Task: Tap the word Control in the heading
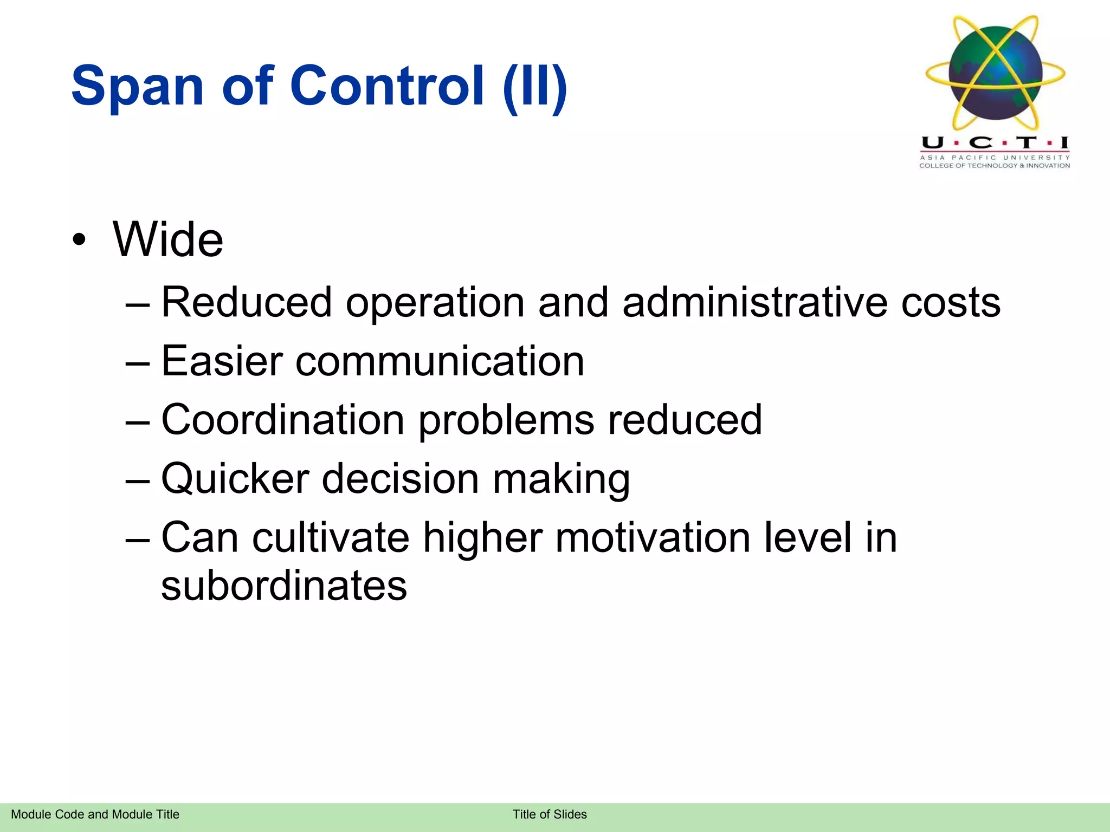[x=386, y=86]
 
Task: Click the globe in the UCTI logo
[x=996, y=74]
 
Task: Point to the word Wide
[x=168, y=239]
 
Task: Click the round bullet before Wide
[x=79, y=240]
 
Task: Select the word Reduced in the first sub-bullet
[x=247, y=302]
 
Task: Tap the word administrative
[x=754, y=302]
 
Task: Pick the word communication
[x=440, y=361]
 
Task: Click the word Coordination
[x=283, y=419]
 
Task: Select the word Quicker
[x=235, y=479]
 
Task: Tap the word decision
[x=401, y=479]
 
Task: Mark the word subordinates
[x=284, y=586]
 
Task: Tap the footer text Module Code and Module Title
[x=95, y=814]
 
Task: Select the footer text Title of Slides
[x=550, y=814]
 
